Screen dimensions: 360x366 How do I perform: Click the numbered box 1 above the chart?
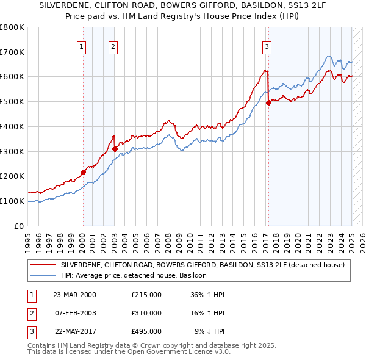82,45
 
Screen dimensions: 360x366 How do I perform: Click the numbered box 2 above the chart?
113,45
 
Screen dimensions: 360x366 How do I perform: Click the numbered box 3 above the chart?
267,45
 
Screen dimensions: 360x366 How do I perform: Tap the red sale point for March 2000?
84,172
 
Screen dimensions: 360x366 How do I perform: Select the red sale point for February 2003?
115,148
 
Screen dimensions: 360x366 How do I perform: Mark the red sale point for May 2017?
268,103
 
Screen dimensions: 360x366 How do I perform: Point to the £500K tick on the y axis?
13,101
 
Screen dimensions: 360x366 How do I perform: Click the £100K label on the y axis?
13,201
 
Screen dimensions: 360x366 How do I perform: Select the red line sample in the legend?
43,265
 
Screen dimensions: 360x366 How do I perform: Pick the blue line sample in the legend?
43,276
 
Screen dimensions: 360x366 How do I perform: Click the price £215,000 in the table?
146,294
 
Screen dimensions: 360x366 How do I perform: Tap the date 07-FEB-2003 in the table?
75,313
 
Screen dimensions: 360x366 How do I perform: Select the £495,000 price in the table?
146,332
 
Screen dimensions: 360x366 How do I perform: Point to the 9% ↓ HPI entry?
209,332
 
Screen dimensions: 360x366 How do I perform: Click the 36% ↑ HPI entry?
207,294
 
